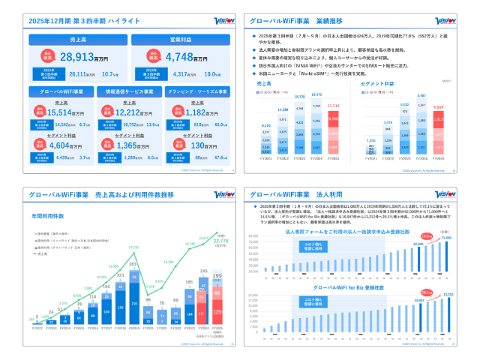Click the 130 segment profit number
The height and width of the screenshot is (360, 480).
201,144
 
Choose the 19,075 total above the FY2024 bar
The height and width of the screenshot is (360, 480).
316,95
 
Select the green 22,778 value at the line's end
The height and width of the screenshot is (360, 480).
221,241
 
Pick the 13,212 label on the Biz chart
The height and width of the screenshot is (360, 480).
448,295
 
